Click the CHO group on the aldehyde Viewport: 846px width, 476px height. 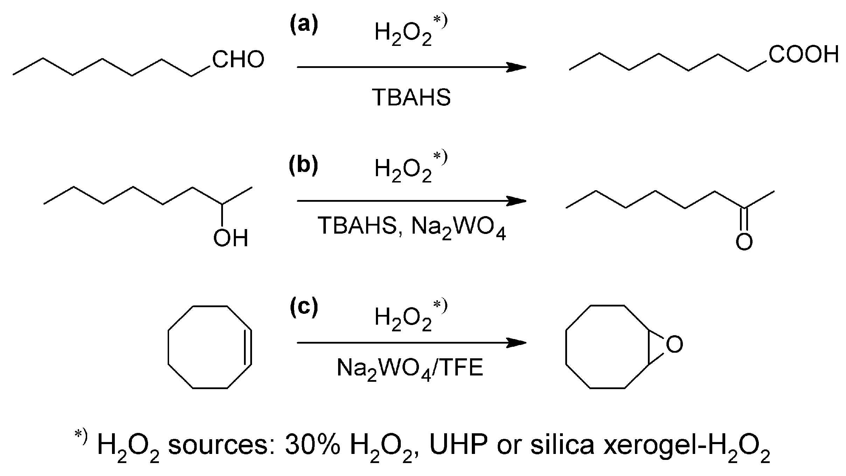238,60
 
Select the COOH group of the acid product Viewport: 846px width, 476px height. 803,55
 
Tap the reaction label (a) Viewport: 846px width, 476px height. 304,26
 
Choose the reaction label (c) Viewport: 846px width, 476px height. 304,307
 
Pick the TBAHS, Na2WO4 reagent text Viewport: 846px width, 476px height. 412,227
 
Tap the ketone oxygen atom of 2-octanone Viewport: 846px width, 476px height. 744,242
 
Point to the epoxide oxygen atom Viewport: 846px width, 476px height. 674,344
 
